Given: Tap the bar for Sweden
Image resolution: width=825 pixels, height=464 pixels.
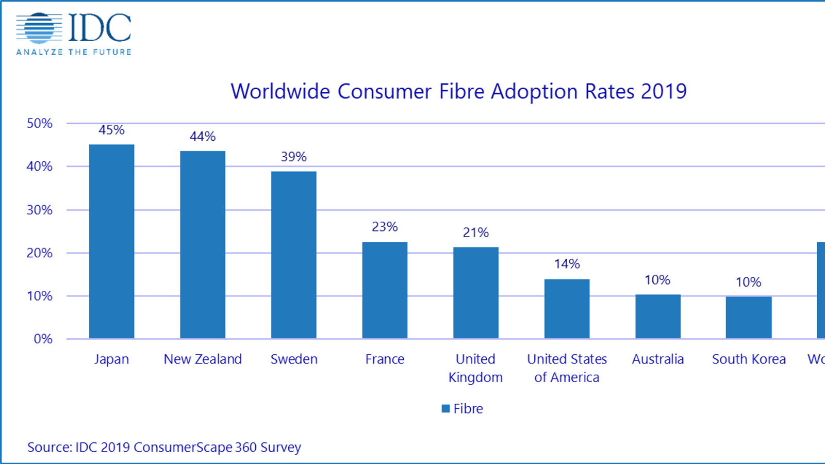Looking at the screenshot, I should click(294, 255).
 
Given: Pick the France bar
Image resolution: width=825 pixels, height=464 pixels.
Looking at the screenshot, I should click(385, 290).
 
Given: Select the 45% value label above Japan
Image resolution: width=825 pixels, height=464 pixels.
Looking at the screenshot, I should click(111, 130).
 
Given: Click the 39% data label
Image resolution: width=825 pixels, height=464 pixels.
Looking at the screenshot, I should click(294, 157).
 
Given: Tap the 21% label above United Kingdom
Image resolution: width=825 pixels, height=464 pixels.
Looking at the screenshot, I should click(475, 233).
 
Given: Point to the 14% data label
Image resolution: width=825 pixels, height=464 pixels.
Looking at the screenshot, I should click(567, 264).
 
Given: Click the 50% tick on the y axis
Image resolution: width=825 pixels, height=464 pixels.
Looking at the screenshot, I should click(40, 123).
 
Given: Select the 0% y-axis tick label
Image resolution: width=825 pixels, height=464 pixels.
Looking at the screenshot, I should click(43, 339).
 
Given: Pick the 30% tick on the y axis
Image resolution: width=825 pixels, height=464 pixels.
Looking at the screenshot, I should click(40, 210).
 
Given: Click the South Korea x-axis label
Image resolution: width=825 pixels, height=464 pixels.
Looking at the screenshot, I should click(749, 359).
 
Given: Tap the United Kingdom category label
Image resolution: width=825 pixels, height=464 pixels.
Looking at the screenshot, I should click(475, 368).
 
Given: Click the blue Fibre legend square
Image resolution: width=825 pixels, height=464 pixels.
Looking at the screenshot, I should click(445, 409).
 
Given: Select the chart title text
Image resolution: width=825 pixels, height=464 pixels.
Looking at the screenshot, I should click(458, 92).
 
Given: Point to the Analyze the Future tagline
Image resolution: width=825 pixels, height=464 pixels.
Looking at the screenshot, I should click(74, 52).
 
